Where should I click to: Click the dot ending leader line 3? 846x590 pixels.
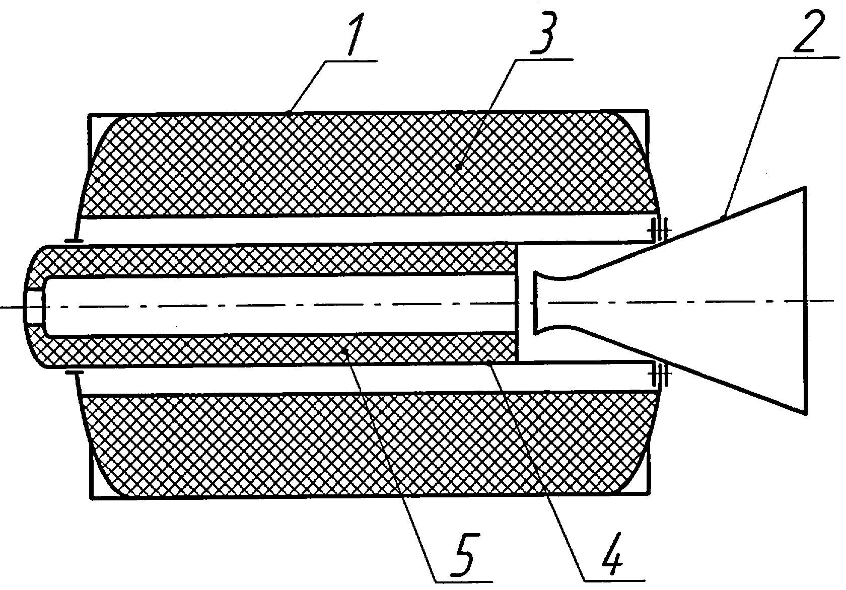click(459, 166)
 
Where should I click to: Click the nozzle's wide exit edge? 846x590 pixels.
click(806, 301)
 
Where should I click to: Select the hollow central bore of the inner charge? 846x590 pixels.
click(279, 305)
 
